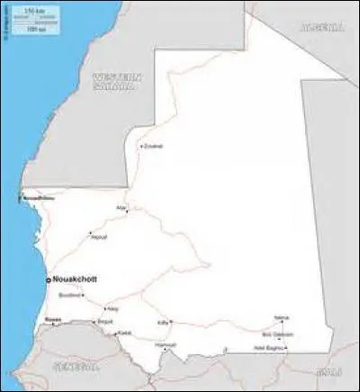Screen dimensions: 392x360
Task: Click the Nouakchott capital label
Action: click(76, 280)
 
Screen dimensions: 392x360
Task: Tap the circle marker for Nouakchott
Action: click(49, 281)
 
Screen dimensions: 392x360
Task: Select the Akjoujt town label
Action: click(99, 237)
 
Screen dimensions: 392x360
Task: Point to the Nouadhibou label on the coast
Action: click(38, 197)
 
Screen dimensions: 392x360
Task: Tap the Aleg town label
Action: click(112, 309)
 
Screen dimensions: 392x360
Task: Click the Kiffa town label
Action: click(163, 321)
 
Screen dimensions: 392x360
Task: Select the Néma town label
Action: click(282, 317)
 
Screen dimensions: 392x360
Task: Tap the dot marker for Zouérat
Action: click(139, 146)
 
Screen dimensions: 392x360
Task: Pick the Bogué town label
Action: click(106, 321)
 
